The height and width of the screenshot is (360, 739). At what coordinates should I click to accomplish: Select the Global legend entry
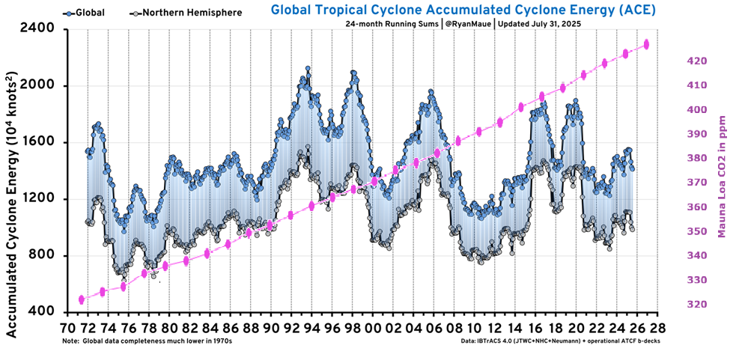[85, 13]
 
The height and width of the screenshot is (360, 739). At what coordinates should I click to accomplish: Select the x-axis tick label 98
[352, 329]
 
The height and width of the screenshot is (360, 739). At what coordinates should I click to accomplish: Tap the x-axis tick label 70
[67, 329]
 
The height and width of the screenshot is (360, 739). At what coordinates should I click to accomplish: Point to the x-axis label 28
[657, 329]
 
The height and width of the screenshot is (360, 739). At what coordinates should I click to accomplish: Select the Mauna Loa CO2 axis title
[722, 177]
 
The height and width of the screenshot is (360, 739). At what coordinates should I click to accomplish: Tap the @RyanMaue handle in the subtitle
[465, 24]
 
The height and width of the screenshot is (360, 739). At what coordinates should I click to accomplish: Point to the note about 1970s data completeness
[148, 341]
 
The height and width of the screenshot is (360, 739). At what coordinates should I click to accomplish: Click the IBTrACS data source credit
[561, 341]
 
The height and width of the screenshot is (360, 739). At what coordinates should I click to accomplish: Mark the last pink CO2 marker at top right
[646, 45]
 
